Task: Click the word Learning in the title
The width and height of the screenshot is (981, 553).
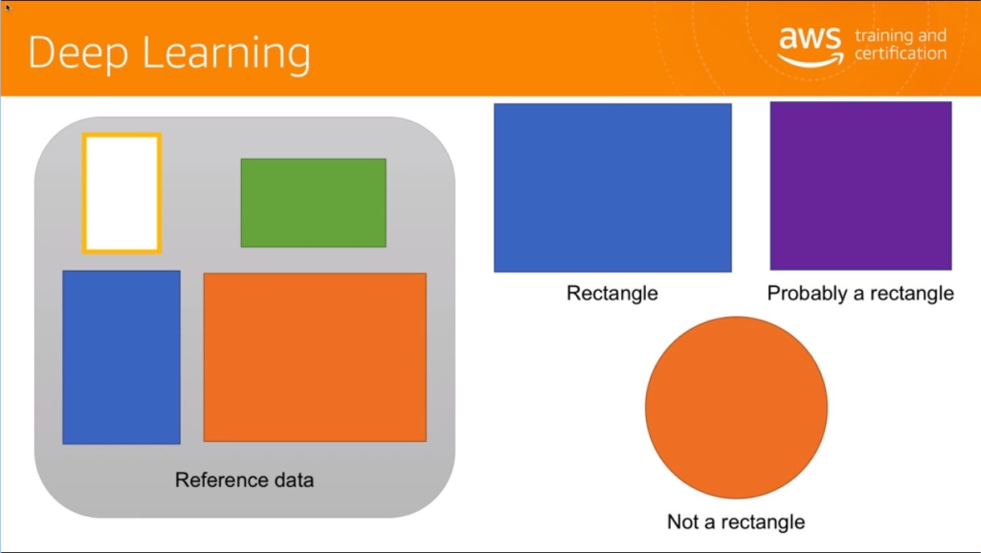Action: coord(227,55)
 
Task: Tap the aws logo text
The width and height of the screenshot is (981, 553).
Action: coord(810,39)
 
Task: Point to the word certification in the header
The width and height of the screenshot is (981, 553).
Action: coord(901,53)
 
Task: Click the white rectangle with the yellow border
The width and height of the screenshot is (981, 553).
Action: coord(122,193)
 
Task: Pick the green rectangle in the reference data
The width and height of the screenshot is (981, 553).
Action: coord(313,203)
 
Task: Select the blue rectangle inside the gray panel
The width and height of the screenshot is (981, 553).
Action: coord(121,357)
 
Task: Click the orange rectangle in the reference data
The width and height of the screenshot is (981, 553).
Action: coord(315,357)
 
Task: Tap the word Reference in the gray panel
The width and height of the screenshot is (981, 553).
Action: coord(221,480)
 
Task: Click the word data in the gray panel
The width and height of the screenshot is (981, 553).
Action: coord(294,480)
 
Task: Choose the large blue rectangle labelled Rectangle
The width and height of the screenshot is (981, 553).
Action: coord(613,187)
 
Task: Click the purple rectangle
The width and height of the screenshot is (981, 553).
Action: coord(861,186)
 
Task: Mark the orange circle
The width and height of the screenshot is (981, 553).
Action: coord(736,408)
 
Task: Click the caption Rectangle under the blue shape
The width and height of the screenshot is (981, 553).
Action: coord(612,293)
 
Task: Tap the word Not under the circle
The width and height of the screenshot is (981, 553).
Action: coord(683,522)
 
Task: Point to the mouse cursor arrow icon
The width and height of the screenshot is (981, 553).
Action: coord(8,7)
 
